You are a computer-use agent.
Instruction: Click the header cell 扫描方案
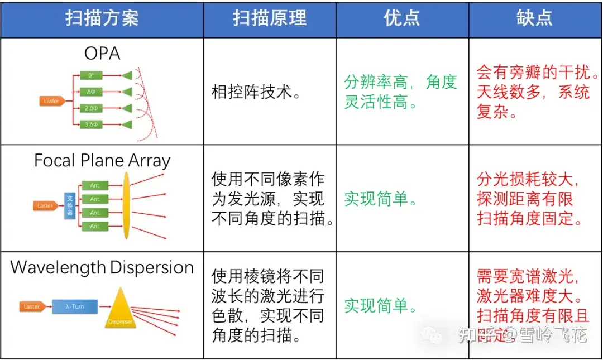pos(102,19)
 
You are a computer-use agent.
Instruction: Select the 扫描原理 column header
pos(270,19)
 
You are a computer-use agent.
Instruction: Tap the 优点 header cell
pos(402,19)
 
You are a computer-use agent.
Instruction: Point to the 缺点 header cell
pos(535,19)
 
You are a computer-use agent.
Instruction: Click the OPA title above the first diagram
pos(102,53)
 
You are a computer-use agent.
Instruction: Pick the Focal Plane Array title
pos(102,161)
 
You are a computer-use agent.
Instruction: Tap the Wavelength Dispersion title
pos(102,267)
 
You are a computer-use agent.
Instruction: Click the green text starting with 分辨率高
pos(401,83)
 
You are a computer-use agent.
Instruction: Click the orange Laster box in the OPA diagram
pos(51,101)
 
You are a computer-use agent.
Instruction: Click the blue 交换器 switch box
pos(70,205)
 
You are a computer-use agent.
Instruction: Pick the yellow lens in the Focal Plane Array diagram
pos(127,205)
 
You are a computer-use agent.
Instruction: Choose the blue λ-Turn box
pos(75,306)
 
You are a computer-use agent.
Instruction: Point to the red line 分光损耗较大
pos(528,179)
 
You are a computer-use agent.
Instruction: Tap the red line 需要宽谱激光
pos(528,276)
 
